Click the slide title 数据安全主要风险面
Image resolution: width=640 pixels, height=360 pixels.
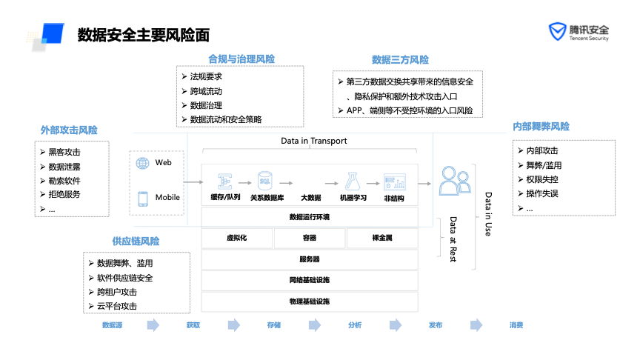pyautogui.click(x=144, y=35)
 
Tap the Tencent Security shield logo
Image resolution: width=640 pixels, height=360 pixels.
pyautogui.click(x=556, y=33)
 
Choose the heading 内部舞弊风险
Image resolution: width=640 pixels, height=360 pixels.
pyautogui.click(x=541, y=127)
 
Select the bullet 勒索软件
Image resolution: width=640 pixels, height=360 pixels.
pyautogui.click(x=64, y=181)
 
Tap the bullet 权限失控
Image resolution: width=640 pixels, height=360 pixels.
pyautogui.click(x=541, y=179)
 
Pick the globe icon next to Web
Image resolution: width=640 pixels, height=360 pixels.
pyautogui.click(x=143, y=163)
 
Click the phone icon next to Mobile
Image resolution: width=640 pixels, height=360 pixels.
pyautogui.click(x=143, y=198)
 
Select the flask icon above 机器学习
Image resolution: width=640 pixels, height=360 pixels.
pyautogui.click(x=352, y=181)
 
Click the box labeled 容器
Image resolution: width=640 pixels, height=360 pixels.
pyautogui.click(x=309, y=238)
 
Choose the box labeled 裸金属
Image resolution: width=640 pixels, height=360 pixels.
pyautogui.click(x=381, y=238)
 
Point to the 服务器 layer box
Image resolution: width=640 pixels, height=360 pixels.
pyautogui.click(x=310, y=259)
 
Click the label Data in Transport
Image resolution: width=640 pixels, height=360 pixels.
pyautogui.click(x=313, y=141)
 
